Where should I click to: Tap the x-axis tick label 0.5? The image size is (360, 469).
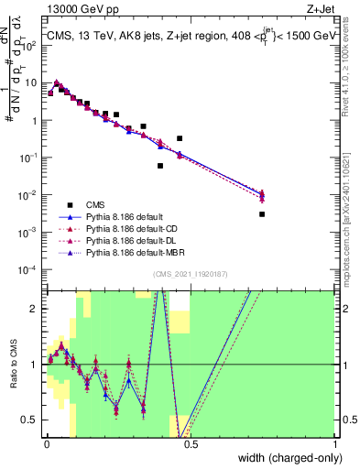click(x=191, y=443)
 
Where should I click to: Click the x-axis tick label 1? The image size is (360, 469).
click(x=335, y=443)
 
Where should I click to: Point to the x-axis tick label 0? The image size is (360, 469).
click(x=46, y=443)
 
